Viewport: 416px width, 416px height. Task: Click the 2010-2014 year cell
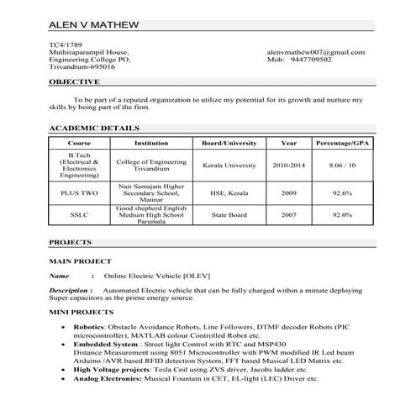tap(288, 166)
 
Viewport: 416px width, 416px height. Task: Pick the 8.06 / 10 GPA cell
tap(342, 166)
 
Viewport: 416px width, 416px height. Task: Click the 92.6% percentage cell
tap(342, 192)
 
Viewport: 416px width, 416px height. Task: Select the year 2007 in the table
tap(288, 215)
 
